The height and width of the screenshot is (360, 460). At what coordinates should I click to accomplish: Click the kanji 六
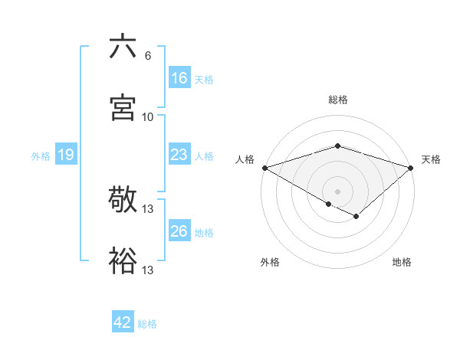pyautogui.click(x=123, y=47)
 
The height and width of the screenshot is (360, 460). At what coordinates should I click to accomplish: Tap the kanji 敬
pyautogui.click(x=123, y=201)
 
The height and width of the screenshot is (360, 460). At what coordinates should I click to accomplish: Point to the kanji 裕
pyautogui.click(x=123, y=260)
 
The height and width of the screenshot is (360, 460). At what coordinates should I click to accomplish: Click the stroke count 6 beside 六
pyautogui.click(x=147, y=56)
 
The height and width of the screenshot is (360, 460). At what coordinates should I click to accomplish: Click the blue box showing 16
pyautogui.click(x=179, y=77)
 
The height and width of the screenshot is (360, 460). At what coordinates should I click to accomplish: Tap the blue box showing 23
pyautogui.click(x=179, y=155)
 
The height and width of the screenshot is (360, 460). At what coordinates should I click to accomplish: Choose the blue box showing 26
pyautogui.click(x=179, y=231)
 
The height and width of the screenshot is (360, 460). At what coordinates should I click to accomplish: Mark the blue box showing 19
pyautogui.click(x=66, y=155)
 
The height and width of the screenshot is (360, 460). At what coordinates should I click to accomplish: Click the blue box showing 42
pyautogui.click(x=123, y=322)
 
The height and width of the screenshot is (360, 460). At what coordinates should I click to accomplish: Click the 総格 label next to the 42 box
pyautogui.click(x=148, y=324)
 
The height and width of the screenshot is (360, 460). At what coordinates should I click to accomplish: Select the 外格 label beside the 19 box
pyautogui.click(x=41, y=156)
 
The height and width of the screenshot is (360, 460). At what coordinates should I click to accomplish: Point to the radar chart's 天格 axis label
pyautogui.click(x=431, y=159)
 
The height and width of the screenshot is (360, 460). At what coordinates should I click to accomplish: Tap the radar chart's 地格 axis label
pyautogui.click(x=402, y=262)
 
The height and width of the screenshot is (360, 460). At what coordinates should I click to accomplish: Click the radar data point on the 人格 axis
pyautogui.click(x=264, y=167)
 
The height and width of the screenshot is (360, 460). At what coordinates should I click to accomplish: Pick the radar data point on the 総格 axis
pyautogui.click(x=337, y=146)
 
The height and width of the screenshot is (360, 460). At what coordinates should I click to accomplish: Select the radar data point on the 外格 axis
pyautogui.click(x=328, y=204)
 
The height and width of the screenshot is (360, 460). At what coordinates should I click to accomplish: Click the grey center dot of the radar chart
pyautogui.click(x=337, y=191)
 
